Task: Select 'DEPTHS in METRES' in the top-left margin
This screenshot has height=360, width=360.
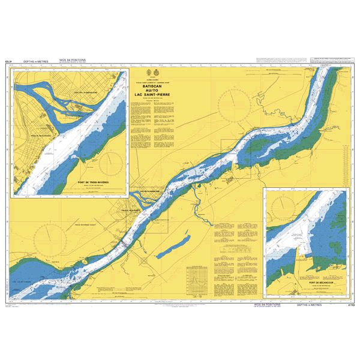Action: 33,61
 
